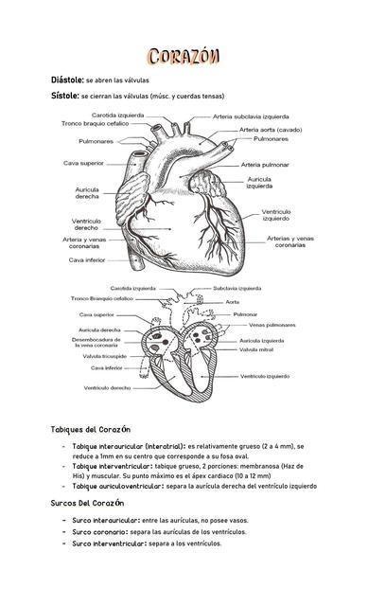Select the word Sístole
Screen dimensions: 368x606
click(65, 96)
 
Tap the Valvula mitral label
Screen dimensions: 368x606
click(256, 349)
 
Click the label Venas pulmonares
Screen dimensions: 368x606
click(272, 325)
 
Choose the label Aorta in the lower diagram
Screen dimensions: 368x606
click(233, 302)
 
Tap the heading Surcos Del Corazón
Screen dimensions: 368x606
click(88, 503)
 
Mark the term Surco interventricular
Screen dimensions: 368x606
click(109, 544)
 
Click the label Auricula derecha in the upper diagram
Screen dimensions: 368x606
click(87, 193)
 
